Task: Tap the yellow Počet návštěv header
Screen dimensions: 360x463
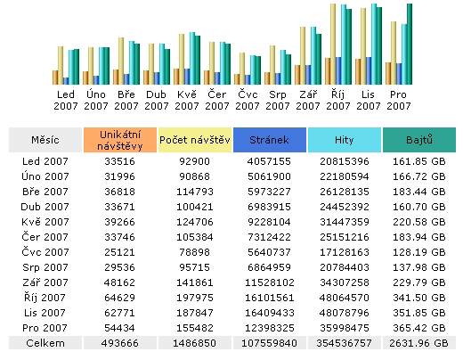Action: (195, 140)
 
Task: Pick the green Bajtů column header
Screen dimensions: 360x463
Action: (418, 140)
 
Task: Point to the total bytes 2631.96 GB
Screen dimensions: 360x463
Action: (418, 343)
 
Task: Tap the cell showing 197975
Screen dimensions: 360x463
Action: (195, 298)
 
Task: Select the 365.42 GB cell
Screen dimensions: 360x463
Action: (418, 328)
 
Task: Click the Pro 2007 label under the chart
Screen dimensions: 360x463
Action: (399, 99)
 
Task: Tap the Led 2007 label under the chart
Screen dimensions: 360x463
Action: (66, 99)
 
